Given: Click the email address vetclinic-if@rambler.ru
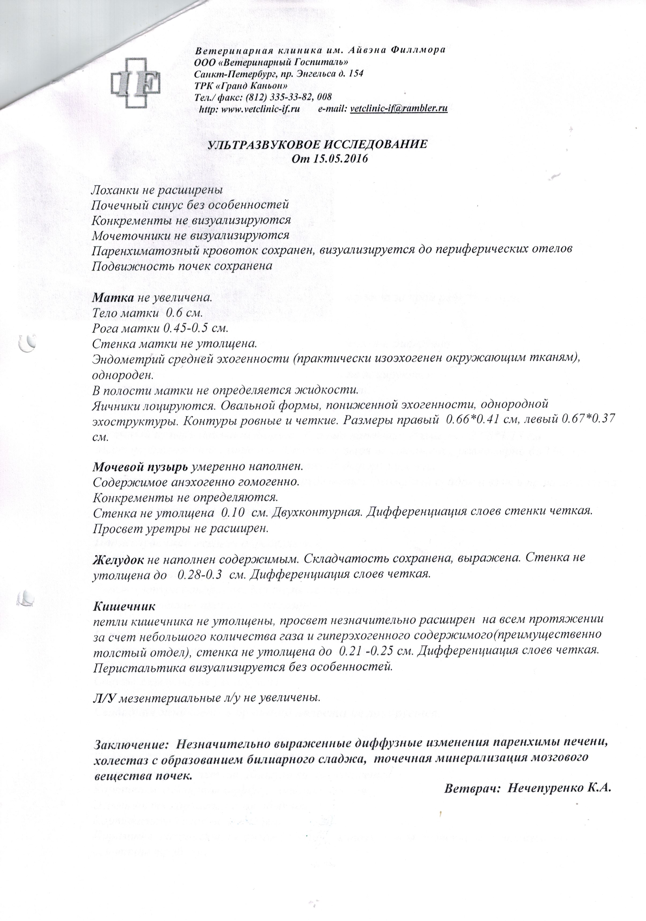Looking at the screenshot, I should (x=399, y=108).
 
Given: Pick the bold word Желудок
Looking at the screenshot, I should (x=119, y=558).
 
